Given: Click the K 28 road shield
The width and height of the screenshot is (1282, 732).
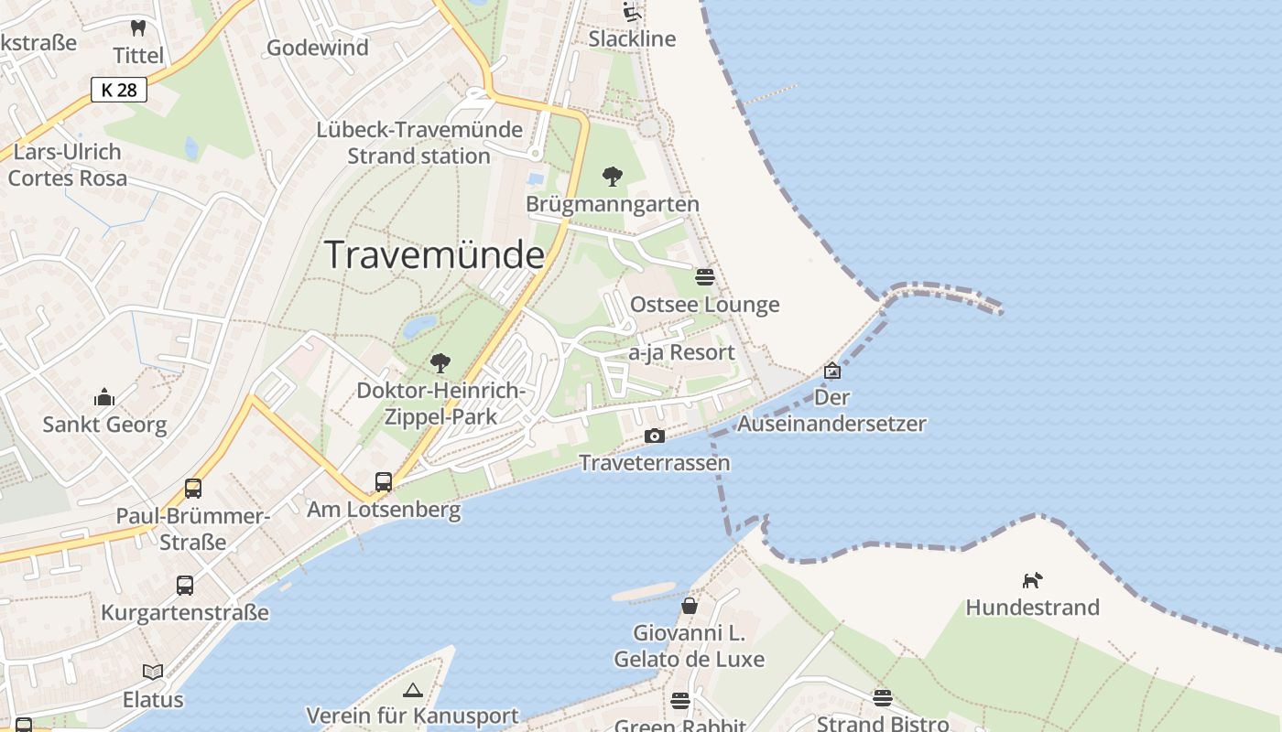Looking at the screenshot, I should coord(119,90).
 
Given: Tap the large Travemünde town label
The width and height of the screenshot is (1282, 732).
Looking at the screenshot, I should coord(435,254).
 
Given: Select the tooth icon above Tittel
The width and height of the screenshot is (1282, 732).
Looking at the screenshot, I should coord(138,28).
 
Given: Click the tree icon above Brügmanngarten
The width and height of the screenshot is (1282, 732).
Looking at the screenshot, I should coord(612,176).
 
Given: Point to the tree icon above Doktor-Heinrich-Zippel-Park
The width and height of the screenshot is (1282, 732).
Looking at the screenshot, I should coord(440,362).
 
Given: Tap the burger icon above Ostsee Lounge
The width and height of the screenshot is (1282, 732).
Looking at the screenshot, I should coord(704,276).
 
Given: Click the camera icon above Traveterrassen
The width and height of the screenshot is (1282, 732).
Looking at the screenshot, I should coord(654,436).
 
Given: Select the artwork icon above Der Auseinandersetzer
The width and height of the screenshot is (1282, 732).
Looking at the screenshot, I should coord(831,371).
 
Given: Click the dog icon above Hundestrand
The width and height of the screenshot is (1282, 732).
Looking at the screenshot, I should coord(1032,579).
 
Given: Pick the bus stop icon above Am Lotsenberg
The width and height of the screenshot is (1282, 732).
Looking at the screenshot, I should coord(384,481).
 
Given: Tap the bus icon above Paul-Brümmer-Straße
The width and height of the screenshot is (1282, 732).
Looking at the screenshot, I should coord(192,488).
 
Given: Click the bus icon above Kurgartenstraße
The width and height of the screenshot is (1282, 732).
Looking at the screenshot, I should coord(185,585).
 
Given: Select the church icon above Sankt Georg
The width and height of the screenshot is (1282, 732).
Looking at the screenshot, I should coord(104,397).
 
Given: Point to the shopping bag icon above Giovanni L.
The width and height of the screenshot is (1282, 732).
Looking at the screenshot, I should coord(689,606).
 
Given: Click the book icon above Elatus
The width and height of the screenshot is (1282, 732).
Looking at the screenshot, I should coord(153,672).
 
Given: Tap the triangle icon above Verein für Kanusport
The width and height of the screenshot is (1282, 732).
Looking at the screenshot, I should coord(412,689).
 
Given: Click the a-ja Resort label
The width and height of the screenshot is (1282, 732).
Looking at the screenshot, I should coord(681,352).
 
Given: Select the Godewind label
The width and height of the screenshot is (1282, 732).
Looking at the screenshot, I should coord(317,48).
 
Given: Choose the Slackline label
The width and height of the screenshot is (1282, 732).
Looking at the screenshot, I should coord(632,38).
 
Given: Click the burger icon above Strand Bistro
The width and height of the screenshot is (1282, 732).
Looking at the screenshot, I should coord(882,698).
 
